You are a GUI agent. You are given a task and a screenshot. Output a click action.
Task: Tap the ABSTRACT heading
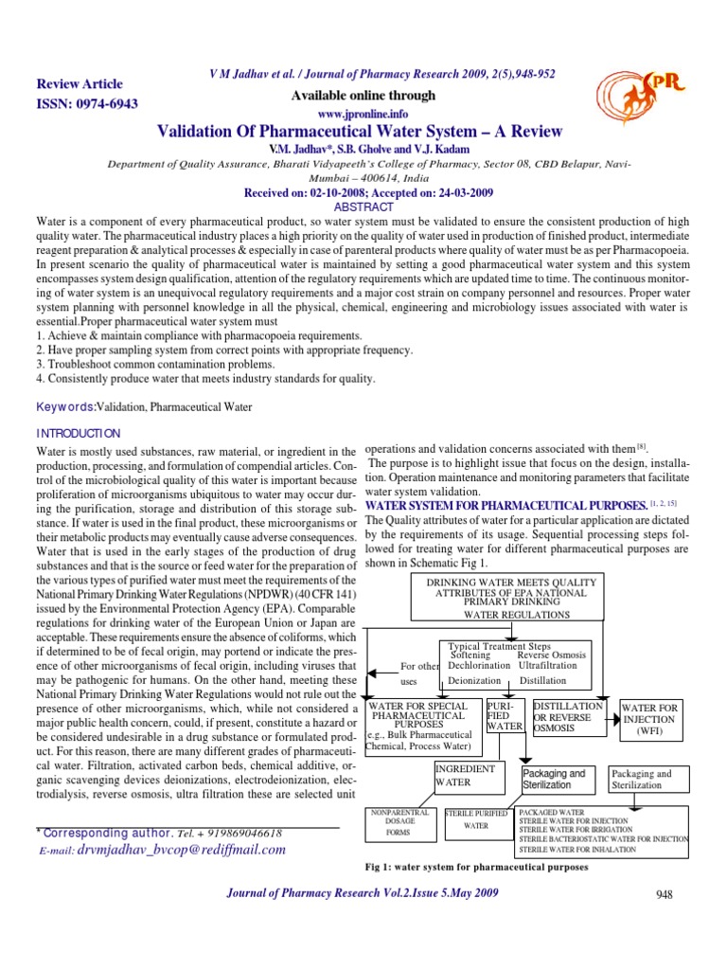364,207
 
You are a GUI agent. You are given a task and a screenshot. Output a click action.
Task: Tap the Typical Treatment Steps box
519,662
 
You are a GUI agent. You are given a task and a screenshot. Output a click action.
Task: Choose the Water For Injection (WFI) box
649,720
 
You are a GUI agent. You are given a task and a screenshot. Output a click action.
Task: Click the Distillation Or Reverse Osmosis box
568,718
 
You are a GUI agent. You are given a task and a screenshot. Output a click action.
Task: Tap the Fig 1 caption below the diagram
476,867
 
